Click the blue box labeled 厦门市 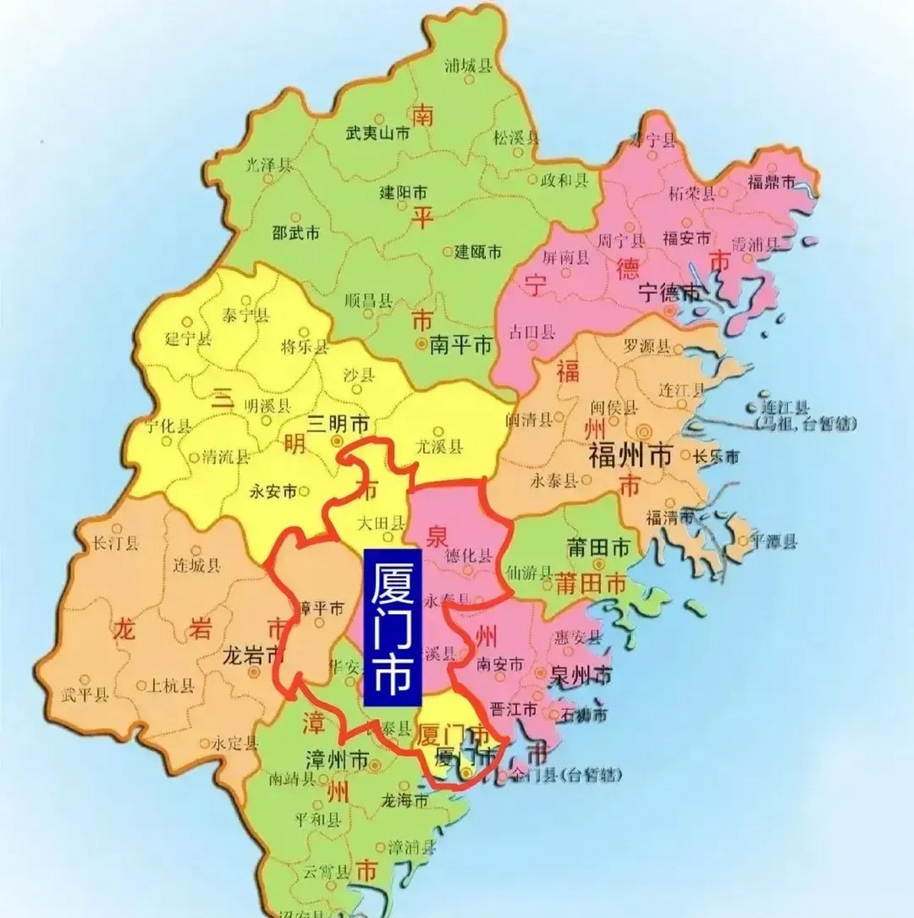pyautogui.click(x=394, y=629)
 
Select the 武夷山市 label pyautogui.click(x=378, y=133)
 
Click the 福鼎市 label pyautogui.click(x=772, y=182)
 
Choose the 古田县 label pyautogui.click(x=532, y=331)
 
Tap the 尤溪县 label pyautogui.click(x=439, y=447)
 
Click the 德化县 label pyautogui.click(x=469, y=556)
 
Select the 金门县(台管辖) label pyautogui.click(x=567, y=775)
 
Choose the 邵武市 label pyautogui.click(x=296, y=232)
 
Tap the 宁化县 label pyautogui.click(x=169, y=427)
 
